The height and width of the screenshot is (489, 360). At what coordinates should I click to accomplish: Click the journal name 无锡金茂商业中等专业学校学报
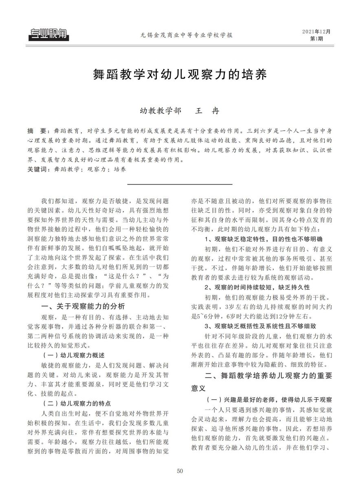180,35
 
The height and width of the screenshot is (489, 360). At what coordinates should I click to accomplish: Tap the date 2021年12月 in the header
316,32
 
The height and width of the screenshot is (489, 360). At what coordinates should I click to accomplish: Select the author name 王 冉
208,110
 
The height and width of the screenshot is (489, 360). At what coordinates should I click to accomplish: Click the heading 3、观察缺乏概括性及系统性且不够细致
260,326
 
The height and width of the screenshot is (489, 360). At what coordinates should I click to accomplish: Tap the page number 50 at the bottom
180,471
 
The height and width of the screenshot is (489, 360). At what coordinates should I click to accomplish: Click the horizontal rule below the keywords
180,185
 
